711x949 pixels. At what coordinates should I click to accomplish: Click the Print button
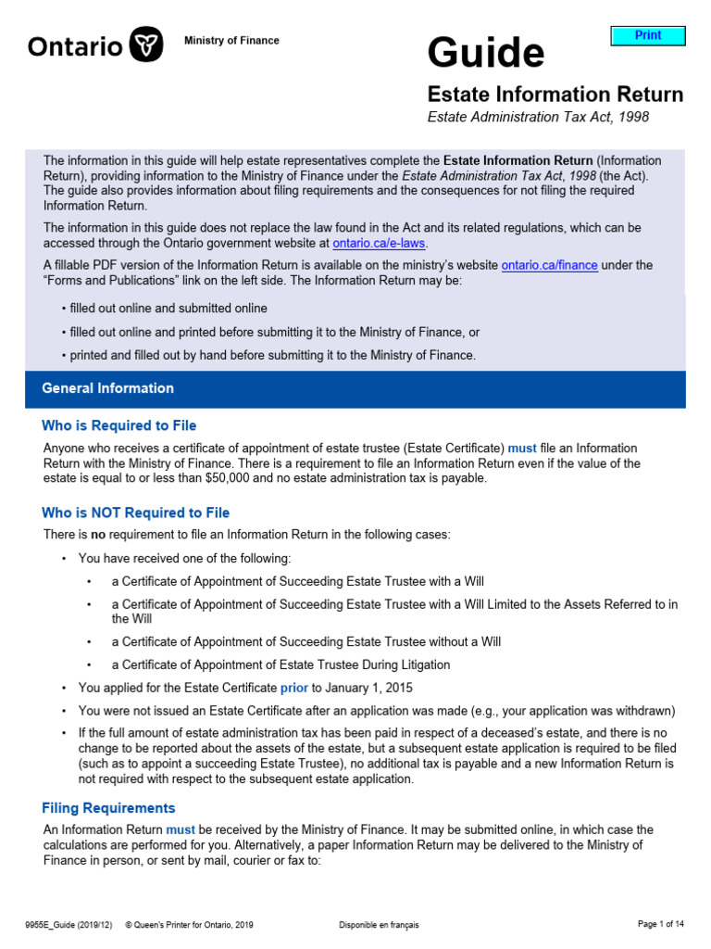(x=648, y=35)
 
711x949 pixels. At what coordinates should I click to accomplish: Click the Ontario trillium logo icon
(x=146, y=44)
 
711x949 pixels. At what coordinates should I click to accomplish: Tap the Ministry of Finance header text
(x=231, y=41)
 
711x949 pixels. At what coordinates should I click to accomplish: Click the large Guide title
(x=485, y=53)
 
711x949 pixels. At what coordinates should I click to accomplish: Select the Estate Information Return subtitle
(x=555, y=95)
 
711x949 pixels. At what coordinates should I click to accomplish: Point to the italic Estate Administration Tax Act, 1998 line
(x=538, y=117)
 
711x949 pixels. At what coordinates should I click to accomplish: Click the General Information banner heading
(x=107, y=388)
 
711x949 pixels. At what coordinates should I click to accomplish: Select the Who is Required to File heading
(x=118, y=425)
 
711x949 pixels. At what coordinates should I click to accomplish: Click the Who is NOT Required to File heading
(x=135, y=512)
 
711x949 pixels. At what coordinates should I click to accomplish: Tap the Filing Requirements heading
(x=108, y=808)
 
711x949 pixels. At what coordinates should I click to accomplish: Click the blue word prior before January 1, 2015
(x=293, y=688)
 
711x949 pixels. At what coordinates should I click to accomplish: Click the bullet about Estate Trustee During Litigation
(x=281, y=664)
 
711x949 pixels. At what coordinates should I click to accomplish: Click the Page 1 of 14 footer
(x=661, y=924)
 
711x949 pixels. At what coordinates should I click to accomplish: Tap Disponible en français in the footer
(x=379, y=925)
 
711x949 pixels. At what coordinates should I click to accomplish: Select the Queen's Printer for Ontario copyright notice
(x=190, y=925)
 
